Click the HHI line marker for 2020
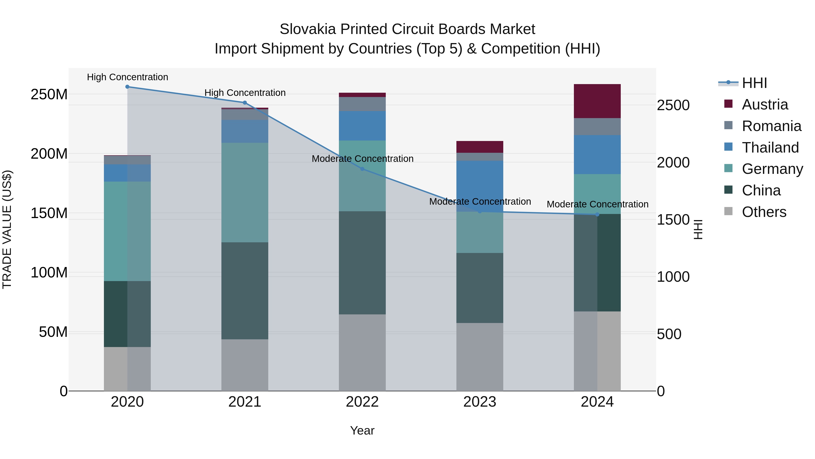click(127, 87)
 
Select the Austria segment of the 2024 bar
click(597, 101)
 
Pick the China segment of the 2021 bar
click(244, 291)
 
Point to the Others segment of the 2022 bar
click(362, 352)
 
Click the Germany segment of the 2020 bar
click(127, 231)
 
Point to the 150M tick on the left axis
click(49, 213)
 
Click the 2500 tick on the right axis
click(673, 105)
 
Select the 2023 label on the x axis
click(480, 402)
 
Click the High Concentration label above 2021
click(245, 93)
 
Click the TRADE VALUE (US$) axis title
click(7, 229)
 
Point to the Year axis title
click(362, 430)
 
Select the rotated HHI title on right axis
click(698, 229)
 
